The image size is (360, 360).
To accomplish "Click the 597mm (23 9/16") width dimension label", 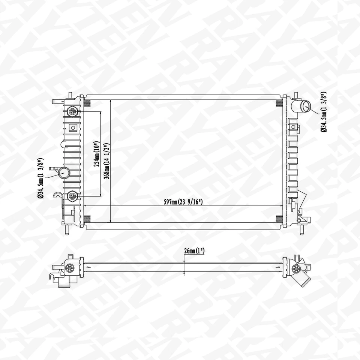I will tap(184, 202).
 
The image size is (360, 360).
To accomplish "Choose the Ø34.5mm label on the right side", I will tap(323, 112).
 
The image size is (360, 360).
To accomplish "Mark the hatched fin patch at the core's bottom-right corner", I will tap(279, 219).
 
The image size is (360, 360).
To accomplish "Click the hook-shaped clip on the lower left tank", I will tap(57, 195).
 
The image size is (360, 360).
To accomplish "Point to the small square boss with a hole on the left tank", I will tap(73, 127).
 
